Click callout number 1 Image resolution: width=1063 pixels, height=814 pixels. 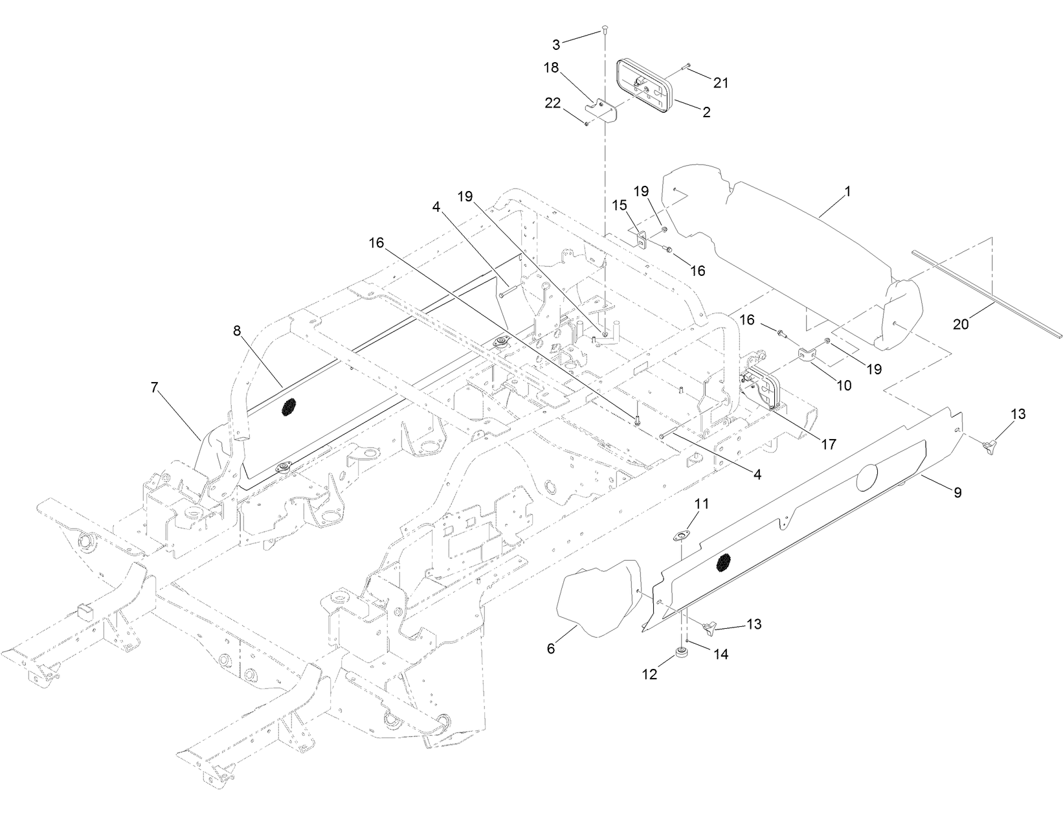click(x=847, y=192)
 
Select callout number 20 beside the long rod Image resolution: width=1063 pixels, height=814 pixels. click(x=961, y=324)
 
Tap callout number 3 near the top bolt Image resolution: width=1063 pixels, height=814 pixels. click(x=557, y=45)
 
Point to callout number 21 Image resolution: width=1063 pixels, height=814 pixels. click(x=721, y=82)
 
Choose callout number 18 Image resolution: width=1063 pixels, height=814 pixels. click(x=551, y=68)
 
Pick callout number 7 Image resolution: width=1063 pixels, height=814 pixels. click(x=154, y=388)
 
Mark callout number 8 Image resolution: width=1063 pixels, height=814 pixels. click(x=237, y=330)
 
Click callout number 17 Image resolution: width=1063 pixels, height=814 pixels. click(x=827, y=444)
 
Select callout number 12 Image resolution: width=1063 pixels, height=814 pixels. click(x=649, y=674)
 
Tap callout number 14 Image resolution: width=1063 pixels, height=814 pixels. click(x=721, y=655)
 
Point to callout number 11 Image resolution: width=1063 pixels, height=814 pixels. click(x=702, y=503)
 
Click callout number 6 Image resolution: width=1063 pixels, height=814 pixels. click(x=551, y=648)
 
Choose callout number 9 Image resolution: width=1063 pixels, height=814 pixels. click(x=957, y=492)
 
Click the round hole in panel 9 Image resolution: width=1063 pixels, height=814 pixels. click(x=867, y=479)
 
